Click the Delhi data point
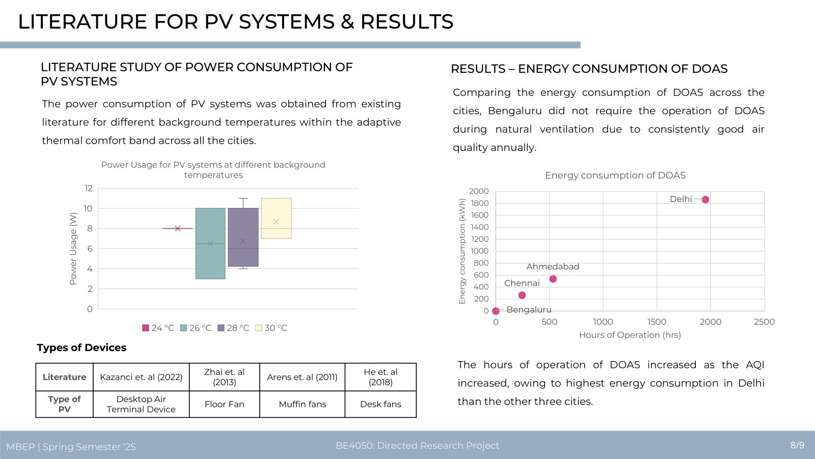[x=705, y=199]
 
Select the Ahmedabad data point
[x=553, y=279]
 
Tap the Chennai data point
[x=522, y=295]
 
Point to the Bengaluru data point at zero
[x=496, y=311]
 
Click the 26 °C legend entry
[x=196, y=328]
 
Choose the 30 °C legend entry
[x=271, y=328]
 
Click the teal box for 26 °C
[x=210, y=243]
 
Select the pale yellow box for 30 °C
[x=276, y=218]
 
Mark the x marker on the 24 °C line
[x=178, y=228]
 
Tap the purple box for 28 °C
[x=243, y=237]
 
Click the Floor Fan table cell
[x=225, y=404]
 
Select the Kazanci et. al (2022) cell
[x=141, y=377]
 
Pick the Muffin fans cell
[x=303, y=404]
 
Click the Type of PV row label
[x=64, y=404]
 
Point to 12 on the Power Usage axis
[x=89, y=188]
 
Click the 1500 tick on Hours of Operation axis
[x=657, y=322]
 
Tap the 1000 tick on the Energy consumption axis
[x=479, y=251]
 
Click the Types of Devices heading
[x=81, y=347]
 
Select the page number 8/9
[x=797, y=445]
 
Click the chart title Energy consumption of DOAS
[x=615, y=175]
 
